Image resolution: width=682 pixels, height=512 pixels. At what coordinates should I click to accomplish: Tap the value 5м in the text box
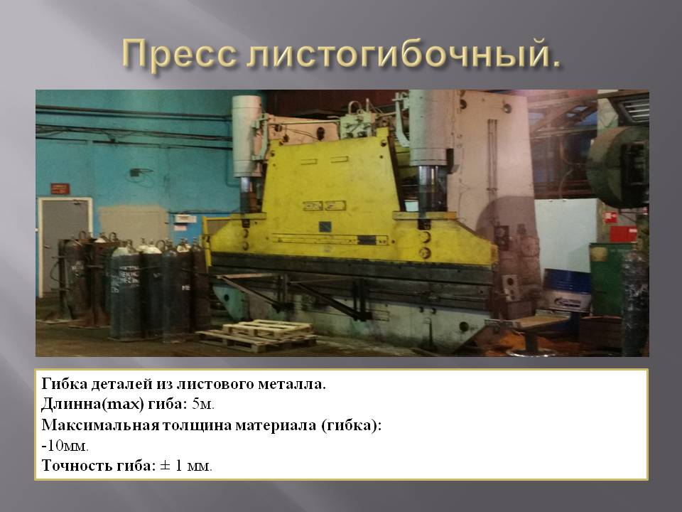point(202,405)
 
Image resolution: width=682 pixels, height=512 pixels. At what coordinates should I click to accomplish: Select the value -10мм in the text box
point(65,446)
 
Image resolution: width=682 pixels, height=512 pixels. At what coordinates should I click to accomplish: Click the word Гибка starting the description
point(64,384)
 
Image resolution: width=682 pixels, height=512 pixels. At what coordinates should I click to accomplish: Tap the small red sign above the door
point(55,188)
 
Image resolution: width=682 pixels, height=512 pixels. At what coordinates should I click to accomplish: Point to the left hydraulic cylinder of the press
point(246,139)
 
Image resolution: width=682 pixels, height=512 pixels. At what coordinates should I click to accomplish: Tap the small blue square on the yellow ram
point(326,227)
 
